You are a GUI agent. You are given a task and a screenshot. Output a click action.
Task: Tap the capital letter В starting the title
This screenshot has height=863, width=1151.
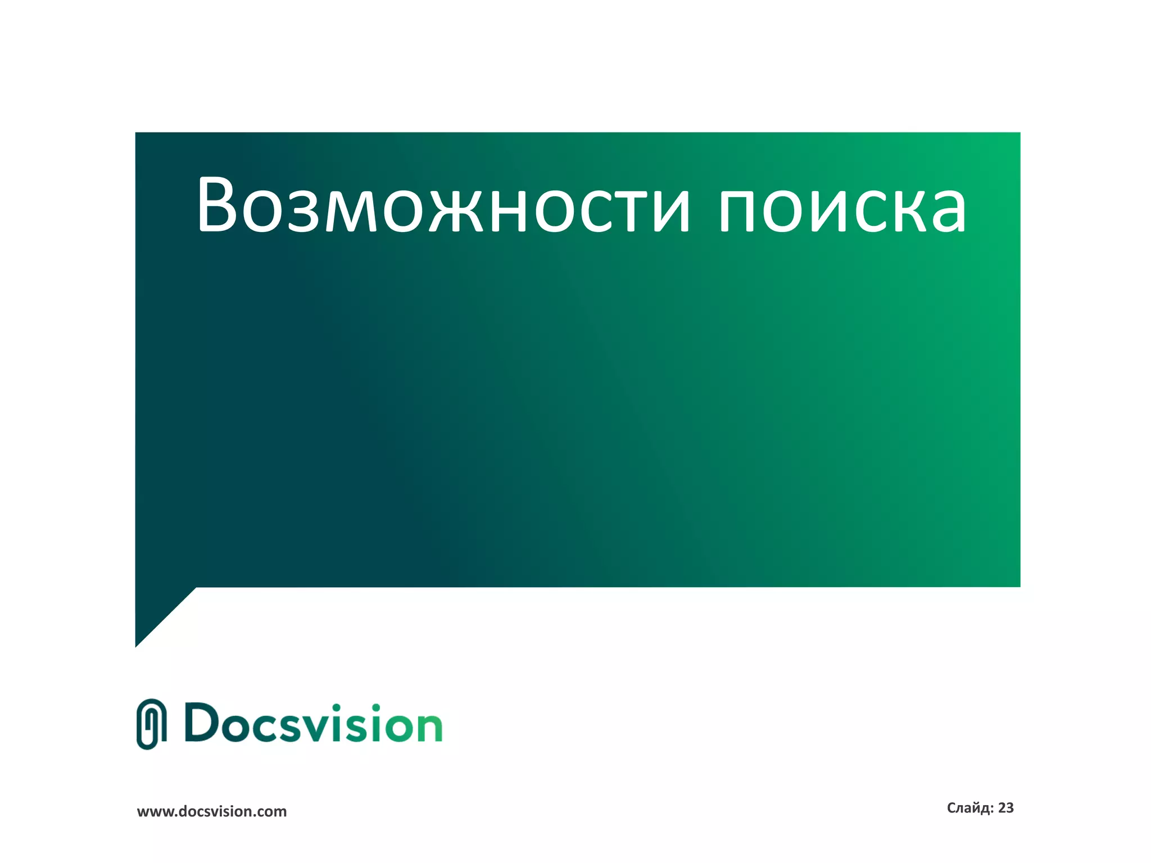[217, 205]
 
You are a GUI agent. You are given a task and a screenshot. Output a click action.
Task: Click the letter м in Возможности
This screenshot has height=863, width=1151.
[351, 211]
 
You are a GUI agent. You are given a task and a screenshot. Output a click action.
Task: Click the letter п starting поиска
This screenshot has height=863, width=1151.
[739, 211]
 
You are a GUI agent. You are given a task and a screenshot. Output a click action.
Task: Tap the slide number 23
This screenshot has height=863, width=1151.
[1006, 808]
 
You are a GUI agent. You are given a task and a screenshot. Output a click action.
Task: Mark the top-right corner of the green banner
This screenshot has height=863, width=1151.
[1018, 134]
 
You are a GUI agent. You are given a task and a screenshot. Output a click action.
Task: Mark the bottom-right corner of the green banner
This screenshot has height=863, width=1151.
[1018, 585]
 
